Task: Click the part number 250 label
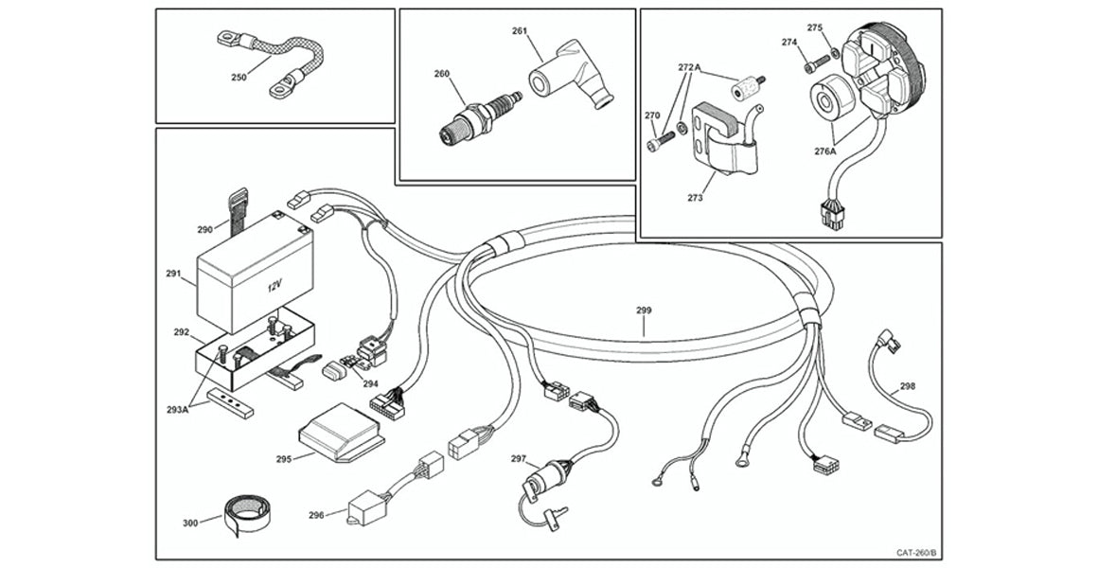coord(239,78)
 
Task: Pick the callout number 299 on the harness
coord(644,311)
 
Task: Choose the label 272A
coord(689,68)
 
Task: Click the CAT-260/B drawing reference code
coord(916,552)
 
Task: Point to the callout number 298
coord(907,386)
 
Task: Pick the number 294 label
coord(370,384)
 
